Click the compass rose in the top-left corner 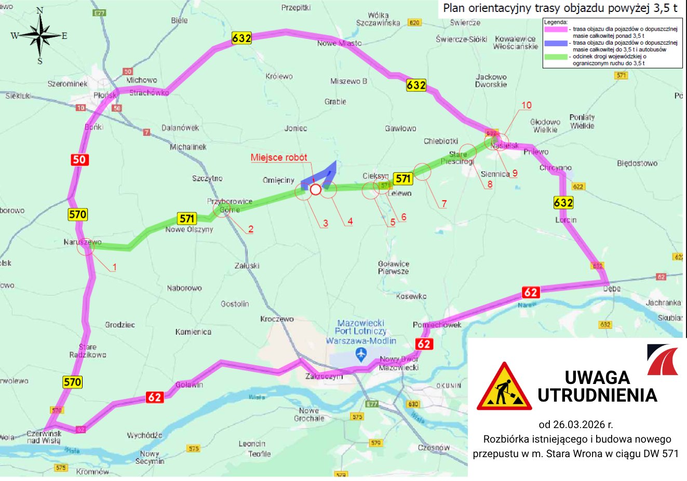click(39, 35)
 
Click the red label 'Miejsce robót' click(279, 158)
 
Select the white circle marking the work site click(315, 190)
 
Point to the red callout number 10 click(526, 105)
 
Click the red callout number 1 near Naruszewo click(114, 267)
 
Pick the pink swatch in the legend click(556, 30)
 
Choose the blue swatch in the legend click(556, 43)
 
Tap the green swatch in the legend click(556, 57)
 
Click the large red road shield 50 click(79, 159)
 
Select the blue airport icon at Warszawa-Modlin click(360, 354)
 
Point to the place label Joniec click(295, 128)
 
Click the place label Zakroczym click(324, 376)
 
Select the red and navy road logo click(662, 359)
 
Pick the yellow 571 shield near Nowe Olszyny click(187, 218)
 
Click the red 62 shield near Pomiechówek click(424, 344)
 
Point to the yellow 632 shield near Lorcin click(563, 202)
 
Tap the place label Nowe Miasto click(339, 43)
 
